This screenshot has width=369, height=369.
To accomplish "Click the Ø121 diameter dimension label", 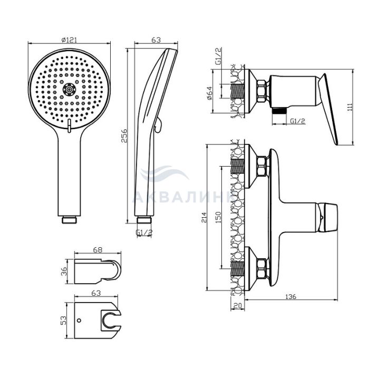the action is tap(69, 40).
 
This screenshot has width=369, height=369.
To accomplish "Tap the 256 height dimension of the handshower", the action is tap(124, 135).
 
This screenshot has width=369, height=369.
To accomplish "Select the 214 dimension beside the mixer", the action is tap(204, 217).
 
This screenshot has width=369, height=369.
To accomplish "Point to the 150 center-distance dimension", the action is tap(218, 217).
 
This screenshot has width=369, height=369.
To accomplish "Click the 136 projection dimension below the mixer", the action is tap(291, 296).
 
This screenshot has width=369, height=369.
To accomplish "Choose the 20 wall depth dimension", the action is tap(238, 305).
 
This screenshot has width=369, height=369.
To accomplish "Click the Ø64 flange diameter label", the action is tap(209, 93).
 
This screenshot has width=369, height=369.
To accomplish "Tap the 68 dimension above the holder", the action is tap(98, 250).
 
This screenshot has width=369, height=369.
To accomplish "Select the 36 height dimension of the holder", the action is tap(64, 271).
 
